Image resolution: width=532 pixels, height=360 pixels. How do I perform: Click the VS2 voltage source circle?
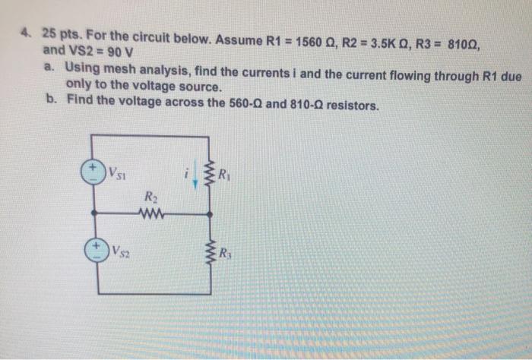click(95, 250)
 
